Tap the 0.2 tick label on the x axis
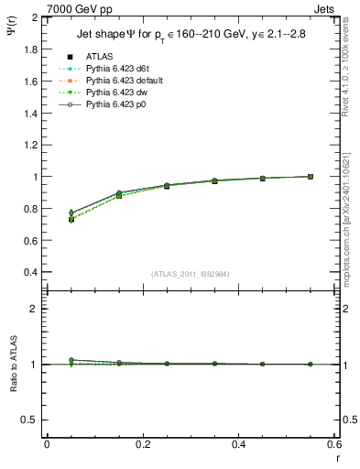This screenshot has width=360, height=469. (x=142, y=443)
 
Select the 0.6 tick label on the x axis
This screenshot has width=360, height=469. (x=334, y=443)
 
